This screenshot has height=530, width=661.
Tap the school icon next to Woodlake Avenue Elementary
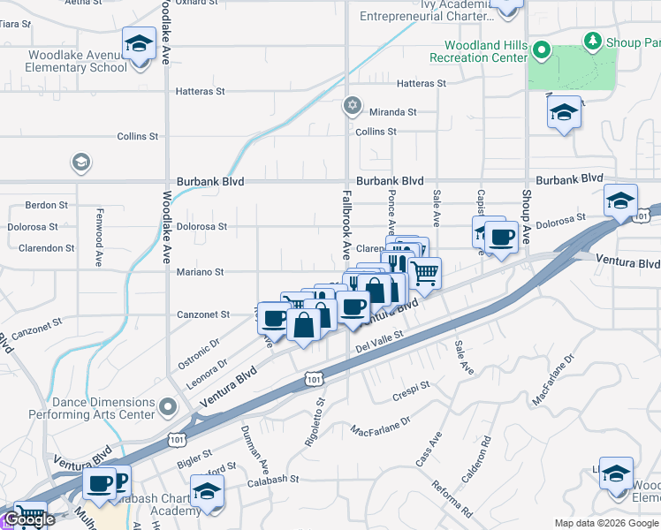point(139,43)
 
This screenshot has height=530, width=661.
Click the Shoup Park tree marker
point(592,41)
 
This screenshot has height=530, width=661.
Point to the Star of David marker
point(353,106)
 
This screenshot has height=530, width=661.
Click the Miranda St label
point(392,112)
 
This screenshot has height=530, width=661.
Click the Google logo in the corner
point(28,519)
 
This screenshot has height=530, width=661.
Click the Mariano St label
point(200,272)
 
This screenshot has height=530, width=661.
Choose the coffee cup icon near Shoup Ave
point(502,237)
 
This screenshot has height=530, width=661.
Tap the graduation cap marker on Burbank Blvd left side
point(80,163)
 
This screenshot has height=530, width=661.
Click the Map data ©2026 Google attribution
point(606,523)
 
